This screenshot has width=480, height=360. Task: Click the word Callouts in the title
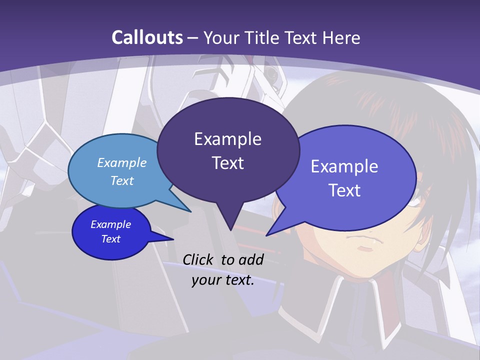[x=147, y=37]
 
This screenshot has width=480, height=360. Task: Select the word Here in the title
[x=340, y=37]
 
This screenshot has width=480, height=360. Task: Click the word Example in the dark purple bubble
[x=227, y=139]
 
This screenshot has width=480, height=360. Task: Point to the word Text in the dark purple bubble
[x=227, y=163]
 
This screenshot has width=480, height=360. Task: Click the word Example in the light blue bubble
[x=122, y=162]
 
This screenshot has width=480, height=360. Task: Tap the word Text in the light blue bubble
[x=122, y=180]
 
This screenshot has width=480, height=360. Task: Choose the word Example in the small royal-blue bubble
[x=110, y=224]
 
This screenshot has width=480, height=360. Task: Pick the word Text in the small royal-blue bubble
[x=110, y=239]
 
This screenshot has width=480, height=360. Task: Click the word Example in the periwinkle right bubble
[x=344, y=166]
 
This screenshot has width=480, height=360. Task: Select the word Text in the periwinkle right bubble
[x=344, y=190]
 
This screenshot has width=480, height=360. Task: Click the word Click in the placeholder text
[x=200, y=259]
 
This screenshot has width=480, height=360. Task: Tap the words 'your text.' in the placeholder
[x=223, y=280]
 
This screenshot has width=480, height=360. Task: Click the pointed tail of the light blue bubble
[x=190, y=211]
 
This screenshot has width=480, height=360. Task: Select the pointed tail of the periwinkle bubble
[x=267, y=234]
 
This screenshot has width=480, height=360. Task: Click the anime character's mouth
[x=367, y=246]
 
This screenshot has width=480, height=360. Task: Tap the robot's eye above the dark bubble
[x=271, y=74]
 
